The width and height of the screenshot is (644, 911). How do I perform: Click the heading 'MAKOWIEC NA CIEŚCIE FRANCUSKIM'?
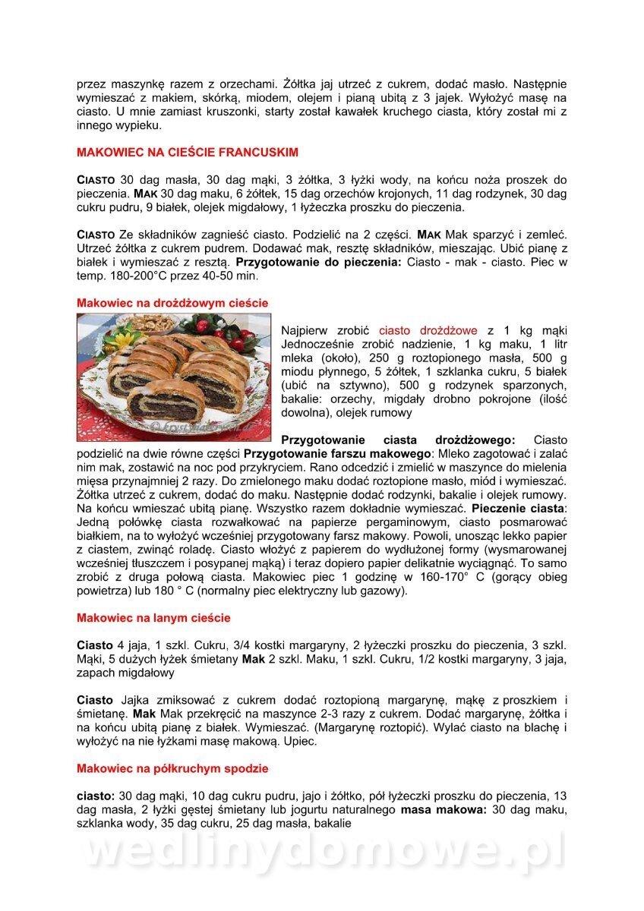(187, 152)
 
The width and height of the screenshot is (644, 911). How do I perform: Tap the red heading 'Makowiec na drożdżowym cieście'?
(172, 302)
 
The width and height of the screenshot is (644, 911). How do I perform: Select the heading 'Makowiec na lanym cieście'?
(153, 618)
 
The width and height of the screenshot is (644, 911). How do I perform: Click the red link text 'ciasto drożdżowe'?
(428, 330)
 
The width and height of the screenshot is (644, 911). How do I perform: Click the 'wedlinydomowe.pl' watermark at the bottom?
(322, 852)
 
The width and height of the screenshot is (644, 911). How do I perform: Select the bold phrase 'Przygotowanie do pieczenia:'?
(320, 262)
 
